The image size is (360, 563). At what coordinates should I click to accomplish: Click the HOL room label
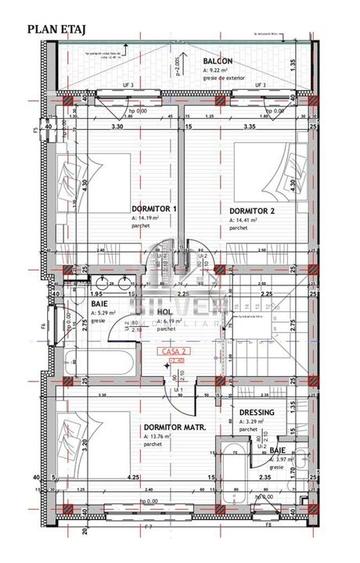click(165, 312)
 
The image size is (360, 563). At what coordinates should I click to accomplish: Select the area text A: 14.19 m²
click(147, 218)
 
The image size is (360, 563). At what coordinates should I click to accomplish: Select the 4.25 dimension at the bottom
click(134, 479)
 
